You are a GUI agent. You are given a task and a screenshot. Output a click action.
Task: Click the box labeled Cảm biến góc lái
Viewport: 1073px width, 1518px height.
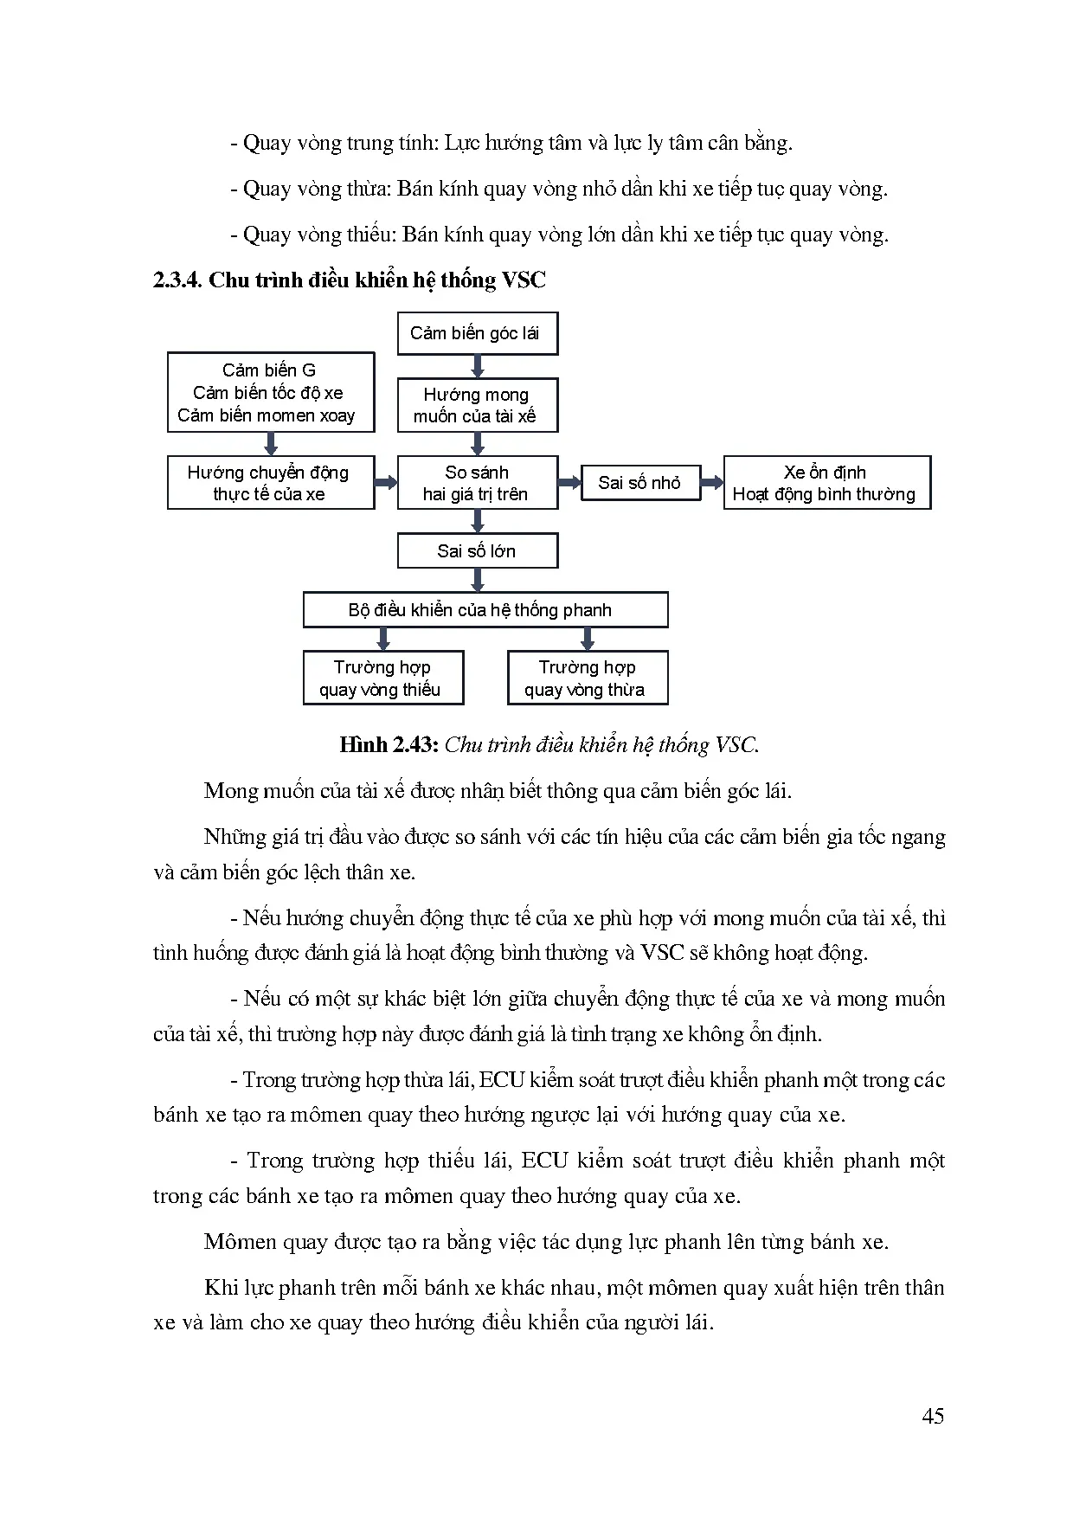pyautogui.click(x=477, y=333)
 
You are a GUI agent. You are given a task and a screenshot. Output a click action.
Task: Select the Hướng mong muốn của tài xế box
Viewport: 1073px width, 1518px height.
pyautogui.click(x=477, y=405)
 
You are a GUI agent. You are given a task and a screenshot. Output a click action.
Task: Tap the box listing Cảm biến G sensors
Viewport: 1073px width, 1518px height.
pyautogui.click(x=270, y=392)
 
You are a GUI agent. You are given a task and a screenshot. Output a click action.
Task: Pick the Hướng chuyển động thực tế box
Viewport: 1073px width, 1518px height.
pyautogui.click(x=270, y=483)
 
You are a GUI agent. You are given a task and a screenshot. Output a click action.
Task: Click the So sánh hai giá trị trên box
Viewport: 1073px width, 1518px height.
pyautogui.click(x=477, y=483)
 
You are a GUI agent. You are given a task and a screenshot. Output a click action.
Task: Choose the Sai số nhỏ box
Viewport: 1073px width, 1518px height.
pyautogui.click(x=640, y=483)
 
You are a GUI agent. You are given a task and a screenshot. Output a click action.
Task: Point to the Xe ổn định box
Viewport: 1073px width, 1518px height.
pyautogui.click(x=826, y=483)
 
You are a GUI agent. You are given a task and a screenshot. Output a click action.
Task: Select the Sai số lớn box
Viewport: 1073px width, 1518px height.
pyautogui.click(x=477, y=550)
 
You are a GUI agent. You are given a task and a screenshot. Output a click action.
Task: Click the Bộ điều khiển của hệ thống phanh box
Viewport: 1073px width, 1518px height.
pyautogui.click(x=485, y=610)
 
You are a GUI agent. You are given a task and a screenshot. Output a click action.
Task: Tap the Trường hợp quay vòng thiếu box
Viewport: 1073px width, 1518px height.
pyautogui.click(x=382, y=678)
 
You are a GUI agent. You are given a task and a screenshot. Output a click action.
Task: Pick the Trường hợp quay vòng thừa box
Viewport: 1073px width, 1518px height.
pyautogui.click(x=587, y=678)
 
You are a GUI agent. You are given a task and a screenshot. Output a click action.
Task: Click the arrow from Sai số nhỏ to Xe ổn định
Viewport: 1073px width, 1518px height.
pyautogui.click(x=711, y=483)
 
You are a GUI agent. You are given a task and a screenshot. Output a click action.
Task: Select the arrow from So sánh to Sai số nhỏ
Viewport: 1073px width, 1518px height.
pyautogui.click(x=569, y=483)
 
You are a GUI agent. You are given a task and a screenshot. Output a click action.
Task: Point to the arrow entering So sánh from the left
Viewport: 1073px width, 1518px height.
pyautogui.click(x=386, y=483)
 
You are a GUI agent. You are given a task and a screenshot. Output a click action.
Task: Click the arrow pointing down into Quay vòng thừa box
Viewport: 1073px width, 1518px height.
pyautogui.click(x=588, y=640)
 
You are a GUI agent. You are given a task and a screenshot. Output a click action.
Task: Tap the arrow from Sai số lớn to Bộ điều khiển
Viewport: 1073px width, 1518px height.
pyautogui.click(x=477, y=580)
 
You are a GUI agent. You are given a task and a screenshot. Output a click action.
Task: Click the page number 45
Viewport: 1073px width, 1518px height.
pyautogui.click(x=933, y=1416)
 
